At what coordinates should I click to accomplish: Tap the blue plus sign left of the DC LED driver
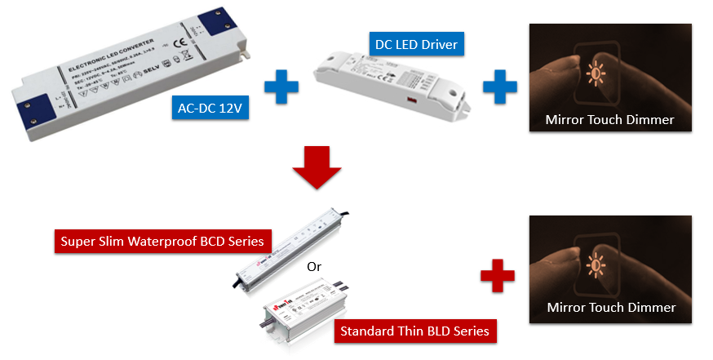click(x=281, y=87)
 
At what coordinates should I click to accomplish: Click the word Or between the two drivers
click(x=314, y=267)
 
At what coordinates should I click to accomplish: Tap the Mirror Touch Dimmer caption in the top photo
click(x=610, y=120)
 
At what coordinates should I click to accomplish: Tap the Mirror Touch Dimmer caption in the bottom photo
click(x=610, y=308)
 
